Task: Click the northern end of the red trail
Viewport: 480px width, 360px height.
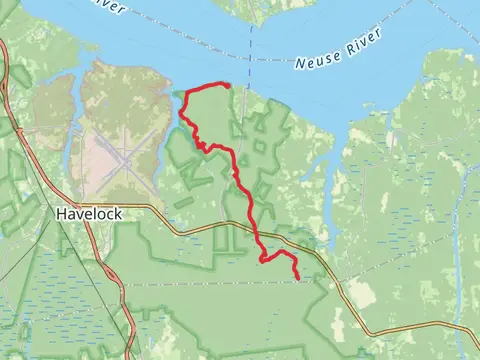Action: point(228,85)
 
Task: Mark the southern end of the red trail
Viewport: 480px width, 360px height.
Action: point(298,276)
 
